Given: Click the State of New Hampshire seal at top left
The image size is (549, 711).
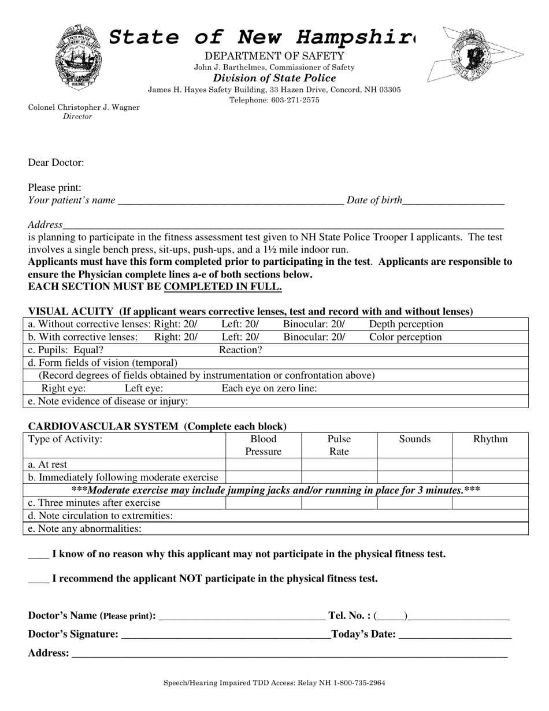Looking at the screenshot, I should [x=78, y=57].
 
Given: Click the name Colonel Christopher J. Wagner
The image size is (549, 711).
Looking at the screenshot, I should [x=84, y=108].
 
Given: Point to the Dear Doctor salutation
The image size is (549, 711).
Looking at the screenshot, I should [x=56, y=162].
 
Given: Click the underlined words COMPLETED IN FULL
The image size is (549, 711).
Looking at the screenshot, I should [x=223, y=287].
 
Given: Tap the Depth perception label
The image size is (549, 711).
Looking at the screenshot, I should [x=406, y=324].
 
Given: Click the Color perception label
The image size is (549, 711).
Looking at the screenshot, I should [x=405, y=337].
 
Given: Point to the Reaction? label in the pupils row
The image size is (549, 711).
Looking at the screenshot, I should [x=240, y=350].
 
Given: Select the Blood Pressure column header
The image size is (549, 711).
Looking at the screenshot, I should [x=264, y=445].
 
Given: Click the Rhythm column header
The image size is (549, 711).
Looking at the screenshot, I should [x=490, y=439].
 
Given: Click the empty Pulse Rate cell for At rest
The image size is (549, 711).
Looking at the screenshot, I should [x=339, y=464].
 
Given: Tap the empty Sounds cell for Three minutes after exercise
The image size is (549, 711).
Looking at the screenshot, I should [x=414, y=503].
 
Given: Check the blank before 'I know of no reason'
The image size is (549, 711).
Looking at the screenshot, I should [x=38, y=555].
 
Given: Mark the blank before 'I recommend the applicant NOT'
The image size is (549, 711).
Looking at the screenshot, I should [x=38, y=579].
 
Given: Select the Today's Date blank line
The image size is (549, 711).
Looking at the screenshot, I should [x=455, y=635].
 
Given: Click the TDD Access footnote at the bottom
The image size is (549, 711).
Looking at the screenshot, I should [x=274, y=683].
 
